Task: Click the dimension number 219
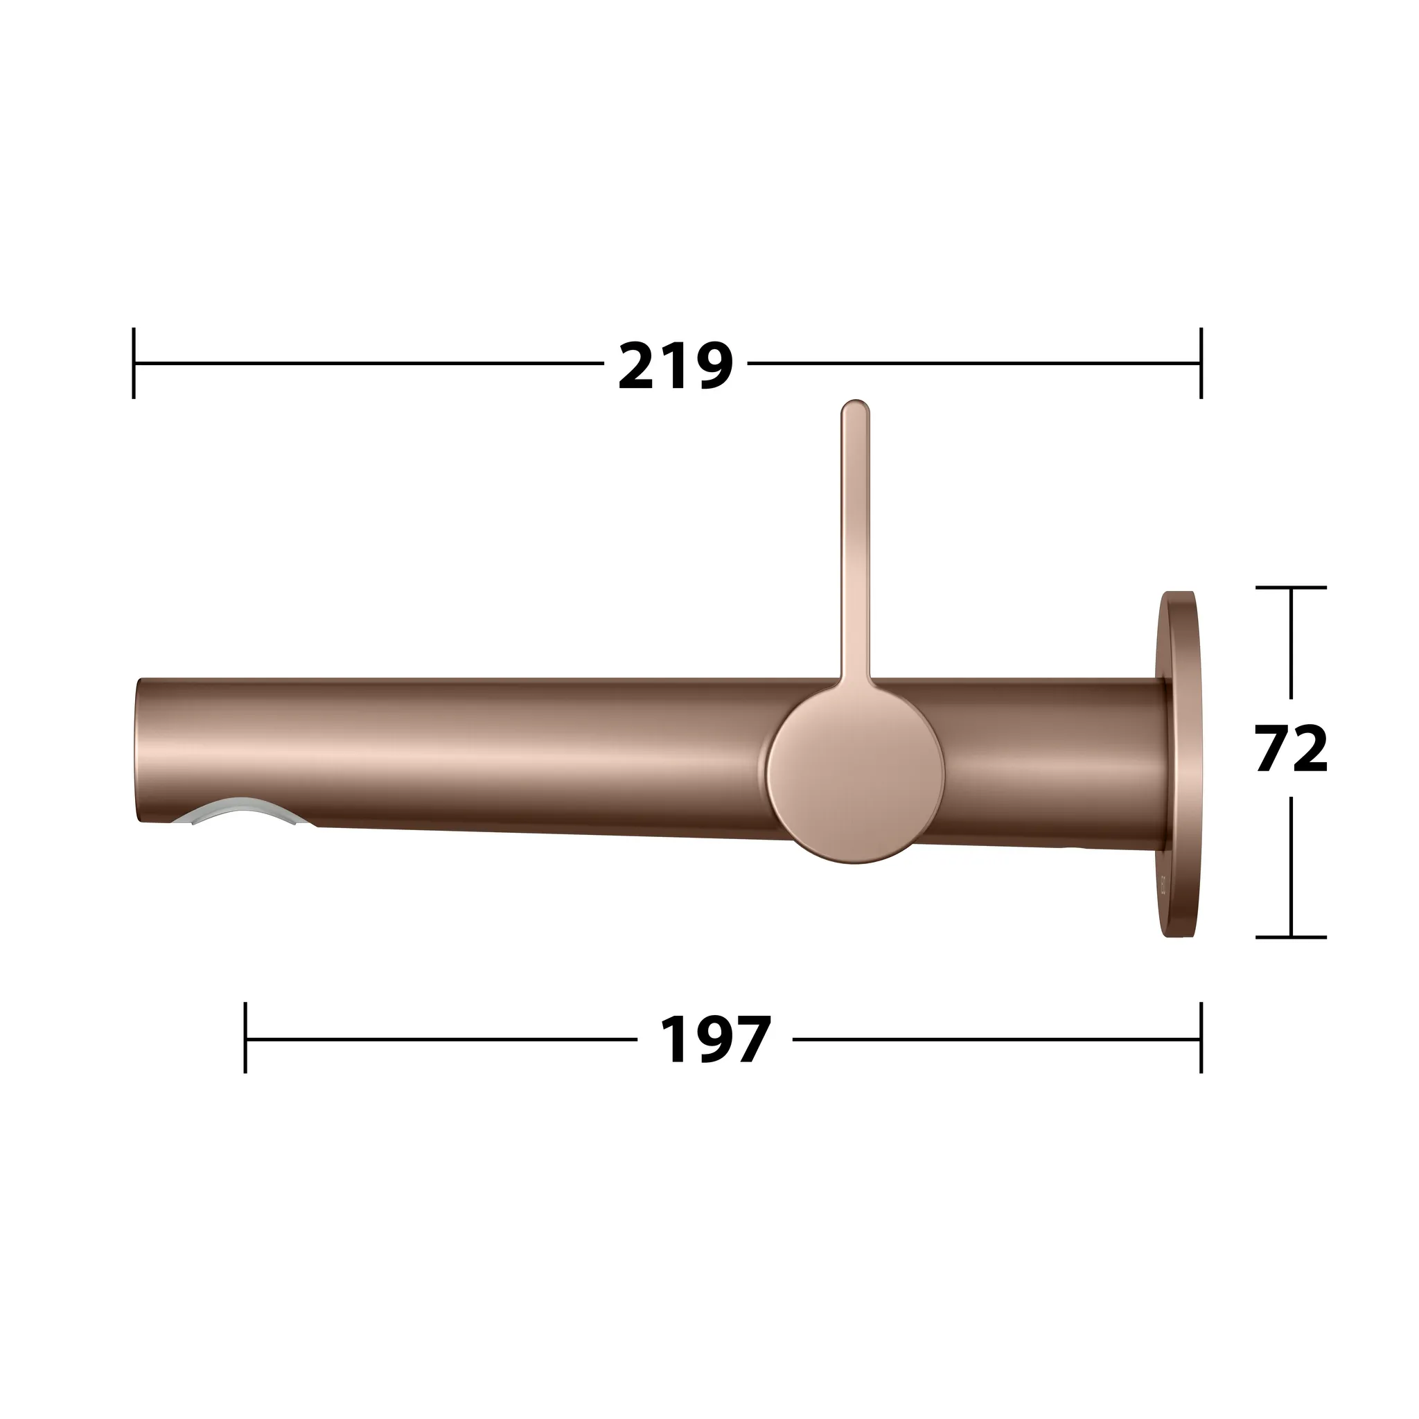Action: click(x=675, y=365)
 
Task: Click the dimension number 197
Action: click(x=714, y=1040)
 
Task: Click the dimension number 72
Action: click(x=1292, y=749)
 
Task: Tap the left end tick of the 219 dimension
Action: click(x=134, y=363)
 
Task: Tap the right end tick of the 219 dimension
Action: click(x=1201, y=363)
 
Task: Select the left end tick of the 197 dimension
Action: click(x=245, y=1038)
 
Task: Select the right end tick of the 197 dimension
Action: click(x=1201, y=1038)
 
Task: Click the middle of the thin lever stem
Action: click(x=855, y=543)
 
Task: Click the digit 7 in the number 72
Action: click(x=1273, y=749)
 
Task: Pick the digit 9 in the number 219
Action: click(x=712, y=365)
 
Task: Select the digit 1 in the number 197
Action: click(x=674, y=1040)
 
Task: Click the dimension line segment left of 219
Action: click(x=367, y=363)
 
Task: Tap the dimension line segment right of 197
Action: click(x=991, y=1039)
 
